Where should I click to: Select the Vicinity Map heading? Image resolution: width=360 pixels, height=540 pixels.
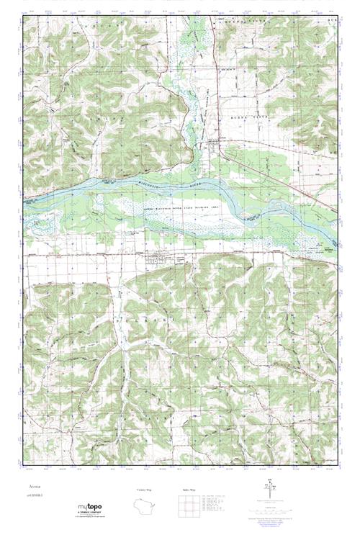pos(145,490)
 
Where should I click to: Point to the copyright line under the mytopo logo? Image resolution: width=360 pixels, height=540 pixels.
pos(89,517)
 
